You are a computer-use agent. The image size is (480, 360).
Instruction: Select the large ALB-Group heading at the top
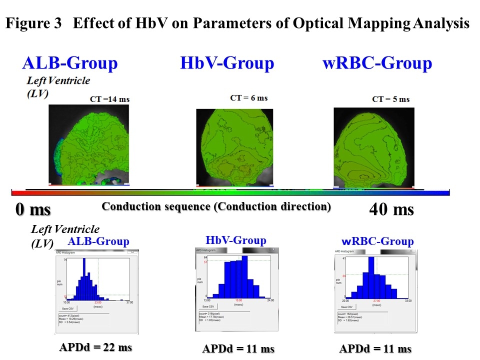coord(70,63)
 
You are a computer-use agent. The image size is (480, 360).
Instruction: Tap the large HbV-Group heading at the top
coord(227,63)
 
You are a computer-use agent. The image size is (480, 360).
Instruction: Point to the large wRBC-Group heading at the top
coord(377,63)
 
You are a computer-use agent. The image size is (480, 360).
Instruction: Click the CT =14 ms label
coord(109,99)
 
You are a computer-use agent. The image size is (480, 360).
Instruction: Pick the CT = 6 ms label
coord(249,98)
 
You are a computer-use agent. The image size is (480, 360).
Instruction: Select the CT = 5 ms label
coord(391,99)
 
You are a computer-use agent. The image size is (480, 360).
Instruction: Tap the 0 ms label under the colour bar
coord(33,209)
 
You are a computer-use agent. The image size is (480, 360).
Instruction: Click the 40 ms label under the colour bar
coord(391,209)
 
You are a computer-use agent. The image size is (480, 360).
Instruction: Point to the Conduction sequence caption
coord(216,206)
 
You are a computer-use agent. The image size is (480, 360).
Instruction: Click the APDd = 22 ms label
coord(95,347)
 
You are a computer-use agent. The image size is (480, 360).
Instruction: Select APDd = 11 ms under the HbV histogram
coord(238,348)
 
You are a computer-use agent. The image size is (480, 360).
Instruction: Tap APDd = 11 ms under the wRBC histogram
coord(375,348)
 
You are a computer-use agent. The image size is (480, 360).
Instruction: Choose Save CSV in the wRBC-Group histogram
coord(347,307)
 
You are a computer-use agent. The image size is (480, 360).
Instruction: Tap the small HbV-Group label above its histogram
coord(236,240)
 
